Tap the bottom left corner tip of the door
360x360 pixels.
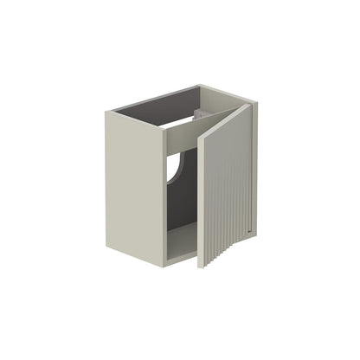202,266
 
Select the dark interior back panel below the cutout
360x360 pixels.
173,203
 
